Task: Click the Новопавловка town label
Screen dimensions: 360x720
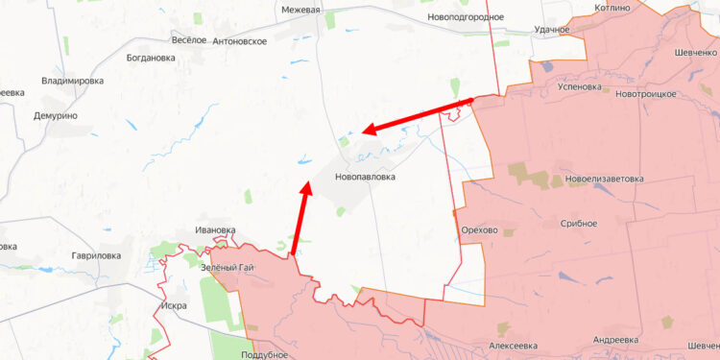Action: coord(365,178)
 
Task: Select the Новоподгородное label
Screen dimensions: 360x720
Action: coord(466,17)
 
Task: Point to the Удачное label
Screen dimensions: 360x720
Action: coord(552,30)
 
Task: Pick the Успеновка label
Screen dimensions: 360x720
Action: coord(580,86)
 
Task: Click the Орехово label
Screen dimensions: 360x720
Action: coord(479,230)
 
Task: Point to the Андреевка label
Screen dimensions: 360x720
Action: coord(615,341)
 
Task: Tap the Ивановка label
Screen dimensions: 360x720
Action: coord(215,230)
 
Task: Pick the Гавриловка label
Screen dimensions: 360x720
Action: coord(96,256)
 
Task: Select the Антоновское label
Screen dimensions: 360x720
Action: coord(240,41)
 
